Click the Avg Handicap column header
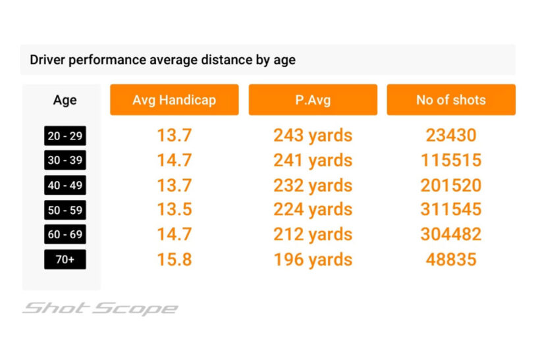point(174,100)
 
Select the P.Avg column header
point(313,100)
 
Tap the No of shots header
point(450,100)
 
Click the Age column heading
point(65,100)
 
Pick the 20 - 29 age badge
point(65,136)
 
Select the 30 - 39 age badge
point(65,161)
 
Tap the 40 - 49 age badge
point(65,185)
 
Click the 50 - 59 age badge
point(65,210)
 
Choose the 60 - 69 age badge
point(65,234)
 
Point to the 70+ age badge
point(65,259)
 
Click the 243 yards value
point(313,136)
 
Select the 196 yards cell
point(313,259)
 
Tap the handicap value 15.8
point(174,259)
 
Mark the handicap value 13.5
point(174,210)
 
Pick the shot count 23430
point(450,136)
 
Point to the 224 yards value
point(313,210)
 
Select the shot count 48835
point(450,259)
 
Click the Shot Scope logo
point(100,308)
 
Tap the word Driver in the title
point(47,60)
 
